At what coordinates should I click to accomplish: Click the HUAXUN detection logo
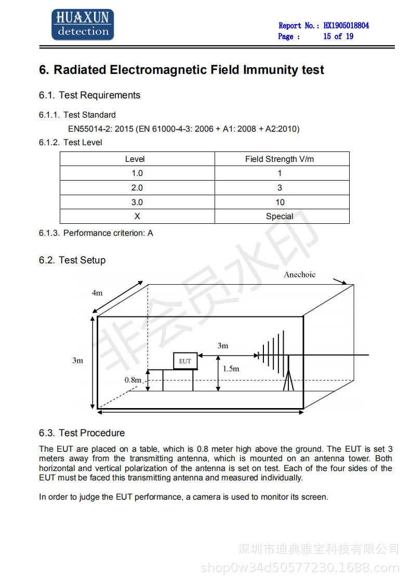click(82, 24)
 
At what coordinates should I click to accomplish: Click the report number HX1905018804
click(346, 26)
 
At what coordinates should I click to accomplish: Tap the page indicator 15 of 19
click(338, 36)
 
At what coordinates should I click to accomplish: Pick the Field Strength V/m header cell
click(280, 159)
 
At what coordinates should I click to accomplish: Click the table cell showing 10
click(280, 202)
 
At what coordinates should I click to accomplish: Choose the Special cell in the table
click(280, 217)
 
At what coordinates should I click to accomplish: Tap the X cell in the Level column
click(137, 217)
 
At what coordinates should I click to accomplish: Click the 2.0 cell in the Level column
click(137, 188)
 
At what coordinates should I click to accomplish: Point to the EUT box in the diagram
click(185, 361)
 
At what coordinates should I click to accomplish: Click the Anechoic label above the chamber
click(299, 275)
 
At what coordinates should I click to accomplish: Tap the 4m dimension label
click(97, 293)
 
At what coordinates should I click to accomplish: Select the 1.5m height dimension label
click(231, 369)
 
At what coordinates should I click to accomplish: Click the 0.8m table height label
click(132, 380)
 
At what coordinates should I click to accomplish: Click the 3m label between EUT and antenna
click(222, 346)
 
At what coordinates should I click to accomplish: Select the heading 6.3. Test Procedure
click(82, 433)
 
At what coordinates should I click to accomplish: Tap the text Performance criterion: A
click(108, 233)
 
